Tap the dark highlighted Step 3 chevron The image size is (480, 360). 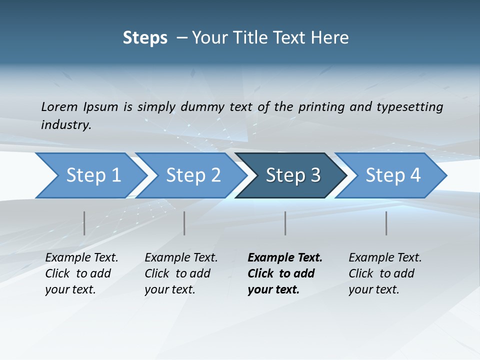click(293, 175)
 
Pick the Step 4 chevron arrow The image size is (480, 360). click(393, 175)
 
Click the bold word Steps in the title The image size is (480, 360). click(145, 38)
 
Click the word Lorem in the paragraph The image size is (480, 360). click(59, 106)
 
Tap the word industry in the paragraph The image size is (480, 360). click(66, 124)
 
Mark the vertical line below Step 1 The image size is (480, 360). click(84, 223)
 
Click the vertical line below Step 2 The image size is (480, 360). click(184, 223)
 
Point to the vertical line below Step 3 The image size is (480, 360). click(285, 223)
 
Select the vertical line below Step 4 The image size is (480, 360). click(386, 223)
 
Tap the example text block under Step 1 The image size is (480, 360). click(81, 273)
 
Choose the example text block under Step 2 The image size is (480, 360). click(181, 273)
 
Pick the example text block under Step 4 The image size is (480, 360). click(385, 273)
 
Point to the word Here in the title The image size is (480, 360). click(332, 38)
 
